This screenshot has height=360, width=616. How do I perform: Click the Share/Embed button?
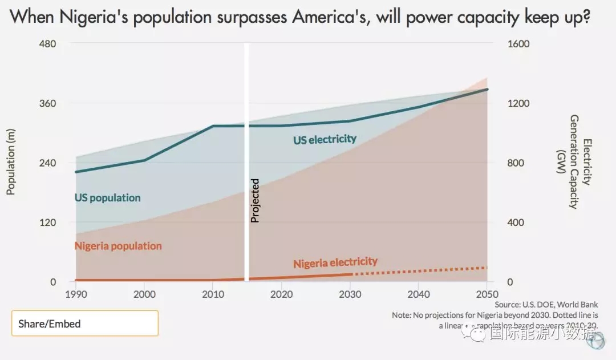(x=84, y=323)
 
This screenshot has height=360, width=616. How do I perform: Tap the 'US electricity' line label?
(x=325, y=139)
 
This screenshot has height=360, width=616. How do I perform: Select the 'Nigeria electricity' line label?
(x=335, y=262)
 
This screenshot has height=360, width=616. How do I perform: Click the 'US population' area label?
(x=107, y=198)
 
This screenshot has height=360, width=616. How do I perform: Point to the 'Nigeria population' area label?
(x=118, y=246)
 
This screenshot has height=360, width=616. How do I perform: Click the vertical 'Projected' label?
(x=256, y=200)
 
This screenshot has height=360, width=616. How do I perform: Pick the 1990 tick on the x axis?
(x=75, y=294)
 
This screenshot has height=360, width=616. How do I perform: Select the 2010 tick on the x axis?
(x=213, y=294)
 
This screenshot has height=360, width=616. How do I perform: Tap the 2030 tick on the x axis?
(x=350, y=294)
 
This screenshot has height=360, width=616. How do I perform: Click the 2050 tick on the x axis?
(x=487, y=294)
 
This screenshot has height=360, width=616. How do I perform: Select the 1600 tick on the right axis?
(x=519, y=45)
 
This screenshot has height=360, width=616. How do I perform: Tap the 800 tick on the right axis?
(x=516, y=163)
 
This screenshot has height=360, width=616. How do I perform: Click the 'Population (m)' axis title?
(x=10, y=163)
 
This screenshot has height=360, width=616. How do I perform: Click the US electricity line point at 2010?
(x=213, y=126)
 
